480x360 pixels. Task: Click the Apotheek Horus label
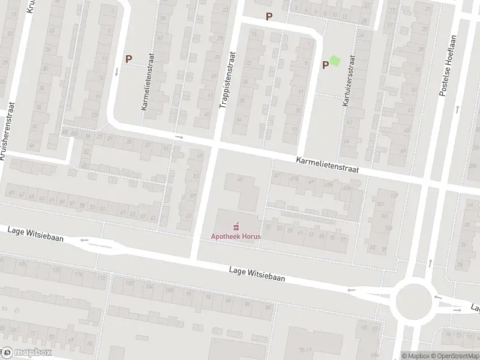click(239, 236)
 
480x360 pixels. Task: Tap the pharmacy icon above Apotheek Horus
click(238, 226)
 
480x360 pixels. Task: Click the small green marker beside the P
click(334, 61)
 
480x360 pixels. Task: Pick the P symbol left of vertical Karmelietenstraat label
click(128, 59)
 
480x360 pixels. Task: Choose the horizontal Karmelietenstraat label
click(327, 165)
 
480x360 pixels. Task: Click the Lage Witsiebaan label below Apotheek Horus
click(257, 274)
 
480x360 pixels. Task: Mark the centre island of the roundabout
click(414, 298)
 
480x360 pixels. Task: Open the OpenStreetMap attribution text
click(456, 355)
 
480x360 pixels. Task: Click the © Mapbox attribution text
click(416, 355)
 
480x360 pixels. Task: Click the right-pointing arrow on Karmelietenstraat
click(179, 137)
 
